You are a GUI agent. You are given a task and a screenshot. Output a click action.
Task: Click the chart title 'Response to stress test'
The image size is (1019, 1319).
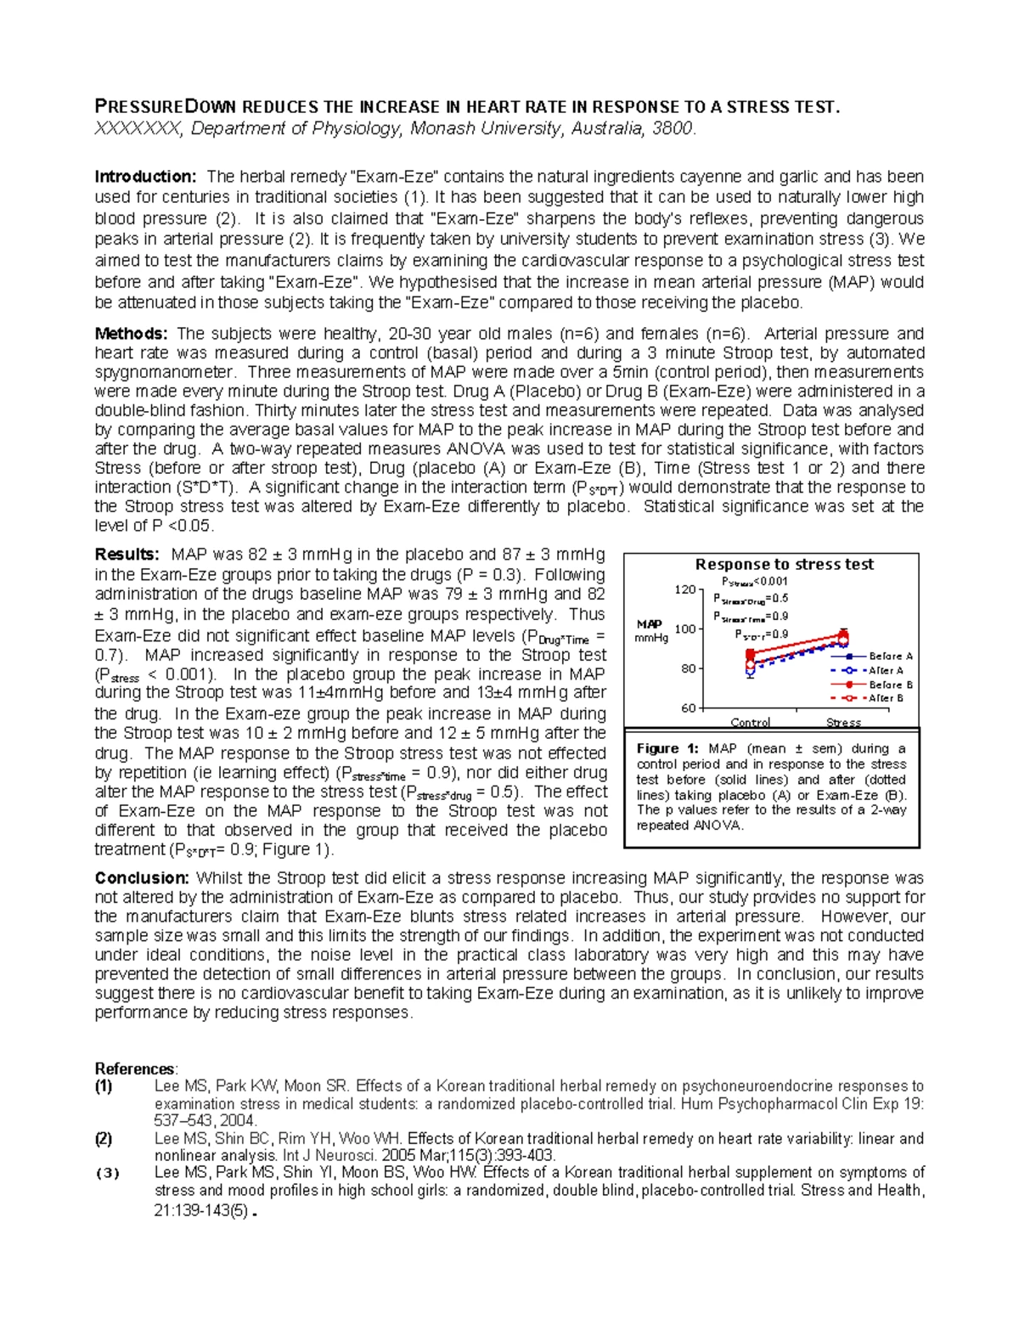tap(784, 565)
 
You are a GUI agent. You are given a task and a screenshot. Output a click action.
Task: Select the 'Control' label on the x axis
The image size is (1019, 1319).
tap(751, 723)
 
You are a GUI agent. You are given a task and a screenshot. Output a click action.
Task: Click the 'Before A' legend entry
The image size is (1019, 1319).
tap(891, 656)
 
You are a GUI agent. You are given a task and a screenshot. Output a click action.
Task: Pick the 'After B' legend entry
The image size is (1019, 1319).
tap(886, 698)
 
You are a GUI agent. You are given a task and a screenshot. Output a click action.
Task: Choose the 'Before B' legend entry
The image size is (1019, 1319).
tap(891, 685)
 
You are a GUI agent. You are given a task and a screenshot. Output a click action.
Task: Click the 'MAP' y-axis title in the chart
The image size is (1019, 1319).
tap(650, 624)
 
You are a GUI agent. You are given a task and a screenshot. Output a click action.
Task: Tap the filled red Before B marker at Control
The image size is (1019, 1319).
tap(751, 654)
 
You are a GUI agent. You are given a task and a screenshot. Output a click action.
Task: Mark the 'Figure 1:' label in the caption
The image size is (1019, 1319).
tap(667, 749)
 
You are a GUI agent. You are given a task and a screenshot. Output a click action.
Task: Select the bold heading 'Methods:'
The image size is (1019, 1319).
tap(132, 334)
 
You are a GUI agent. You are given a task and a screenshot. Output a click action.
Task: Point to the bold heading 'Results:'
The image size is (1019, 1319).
tap(127, 555)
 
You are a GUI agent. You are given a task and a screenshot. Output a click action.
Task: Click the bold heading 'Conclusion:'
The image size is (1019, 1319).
tap(142, 878)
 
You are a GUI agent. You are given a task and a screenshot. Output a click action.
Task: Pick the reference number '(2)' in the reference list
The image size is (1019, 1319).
tap(104, 1139)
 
